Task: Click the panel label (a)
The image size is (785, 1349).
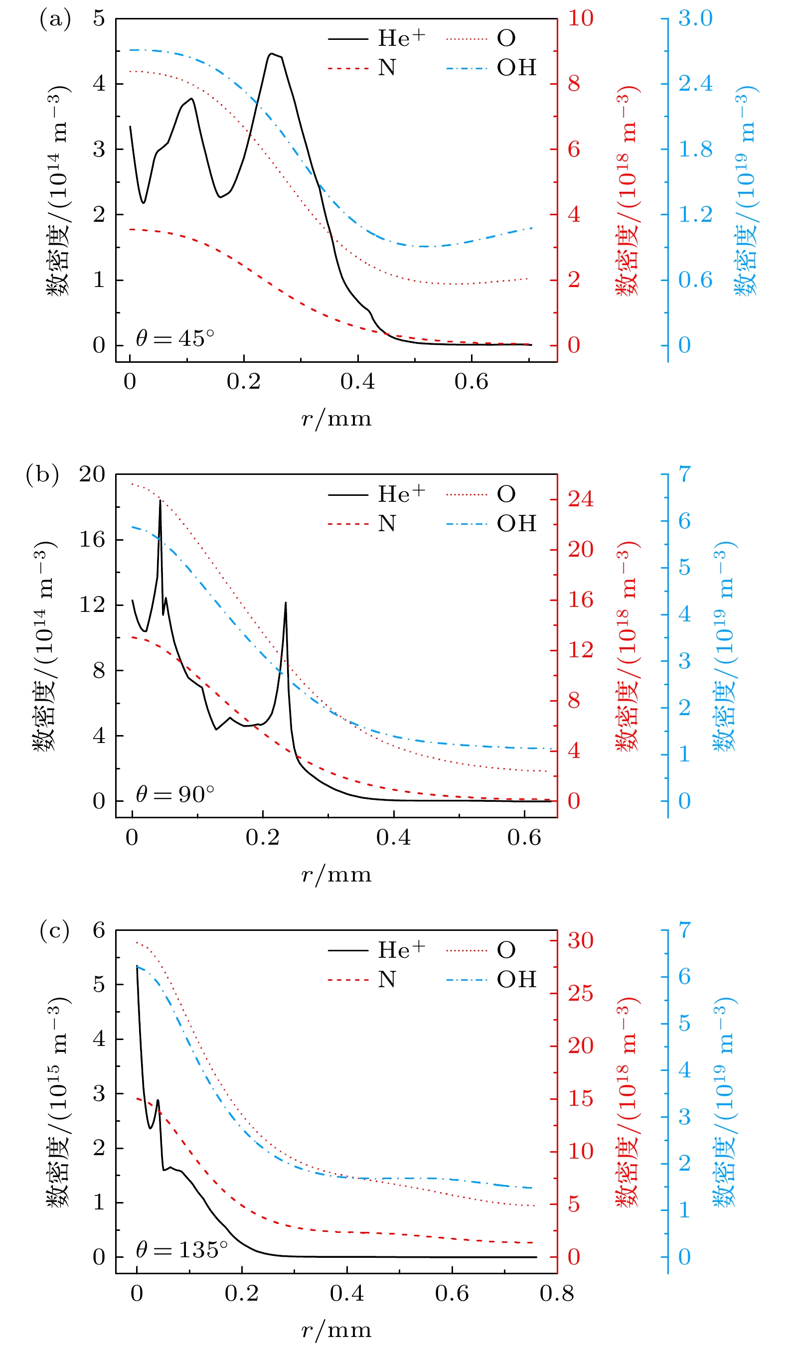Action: pyautogui.click(x=55, y=19)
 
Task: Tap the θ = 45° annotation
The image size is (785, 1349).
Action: pyautogui.click(x=175, y=338)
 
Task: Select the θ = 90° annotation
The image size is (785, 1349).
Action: pyautogui.click(x=175, y=794)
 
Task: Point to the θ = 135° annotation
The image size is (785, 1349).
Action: pyautogui.click(x=181, y=1249)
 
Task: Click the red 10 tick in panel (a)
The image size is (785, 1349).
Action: pyautogui.click(x=581, y=19)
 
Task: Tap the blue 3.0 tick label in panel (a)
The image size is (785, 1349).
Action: pyautogui.click(x=695, y=19)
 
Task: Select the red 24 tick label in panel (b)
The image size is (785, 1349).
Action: pyautogui.click(x=581, y=499)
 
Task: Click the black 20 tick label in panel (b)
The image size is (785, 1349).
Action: pyautogui.click(x=92, y=474)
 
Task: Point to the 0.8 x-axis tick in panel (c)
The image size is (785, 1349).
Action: pyautogui.click(x=557, y=1293)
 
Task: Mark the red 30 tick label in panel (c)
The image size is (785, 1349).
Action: pyautogui.click(x=581, y=940)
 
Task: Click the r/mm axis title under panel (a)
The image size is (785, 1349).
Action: pyautogui.click(x=336, y=419)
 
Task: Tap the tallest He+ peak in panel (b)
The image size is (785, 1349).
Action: pyautogui.click(x=160, y=500)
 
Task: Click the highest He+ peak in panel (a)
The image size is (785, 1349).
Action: pyautogui.click(x=272, y=53)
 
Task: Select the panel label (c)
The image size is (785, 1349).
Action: pyautogui.click(x=55, y=931)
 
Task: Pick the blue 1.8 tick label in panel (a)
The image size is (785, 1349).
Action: pyautogui.click(x=695, y=150)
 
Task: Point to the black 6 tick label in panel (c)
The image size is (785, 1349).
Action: pyautogui.click(x=99, y=930)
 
